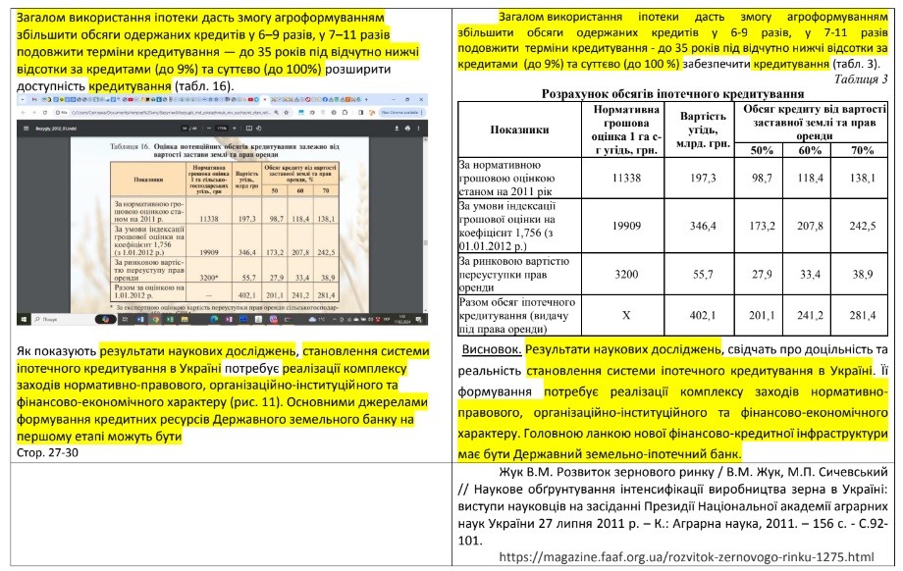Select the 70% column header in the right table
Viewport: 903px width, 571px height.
(x=862, y=149)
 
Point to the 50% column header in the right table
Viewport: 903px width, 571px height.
(x=762, y=149)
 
